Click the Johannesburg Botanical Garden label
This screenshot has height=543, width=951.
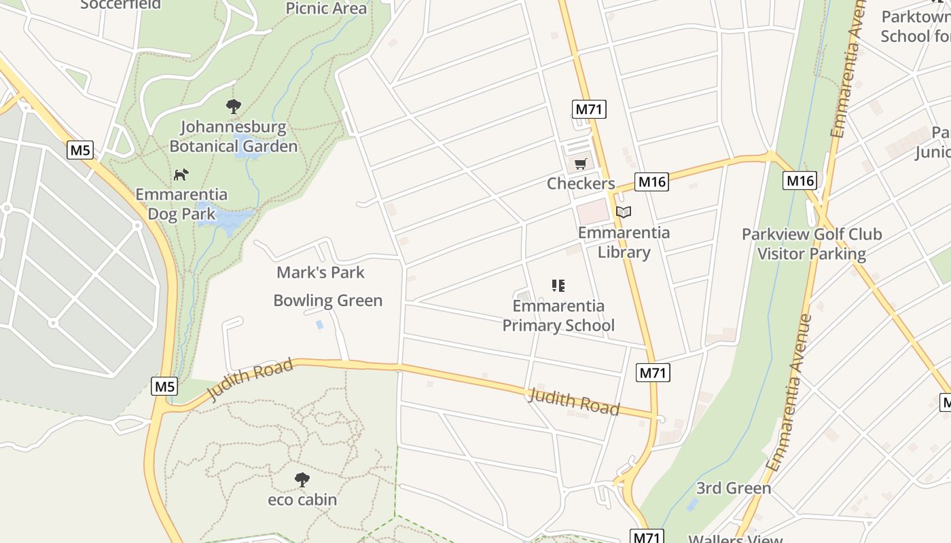233,136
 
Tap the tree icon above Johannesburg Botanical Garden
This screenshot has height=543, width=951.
234,106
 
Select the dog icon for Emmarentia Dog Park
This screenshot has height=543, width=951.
180,174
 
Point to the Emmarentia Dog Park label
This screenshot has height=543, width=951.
181,204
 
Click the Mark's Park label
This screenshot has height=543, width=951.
321,273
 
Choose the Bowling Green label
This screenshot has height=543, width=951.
327,301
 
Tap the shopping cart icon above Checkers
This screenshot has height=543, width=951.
580,164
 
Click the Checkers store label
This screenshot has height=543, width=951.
581,183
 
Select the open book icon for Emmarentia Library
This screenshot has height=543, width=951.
624,212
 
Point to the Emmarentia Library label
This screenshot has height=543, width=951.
624,242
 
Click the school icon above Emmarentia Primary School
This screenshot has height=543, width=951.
558,286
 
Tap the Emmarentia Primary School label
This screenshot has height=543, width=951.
558,316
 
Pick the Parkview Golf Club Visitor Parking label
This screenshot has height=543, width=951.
812,244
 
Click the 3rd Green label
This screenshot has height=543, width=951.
734,488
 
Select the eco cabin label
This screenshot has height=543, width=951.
302,500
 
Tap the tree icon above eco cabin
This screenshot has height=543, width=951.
302,480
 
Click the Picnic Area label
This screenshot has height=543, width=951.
326,8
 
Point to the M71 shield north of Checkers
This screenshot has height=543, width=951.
590,109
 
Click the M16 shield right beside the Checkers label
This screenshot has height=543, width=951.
651,181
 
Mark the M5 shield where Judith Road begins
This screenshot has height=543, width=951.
164,386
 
